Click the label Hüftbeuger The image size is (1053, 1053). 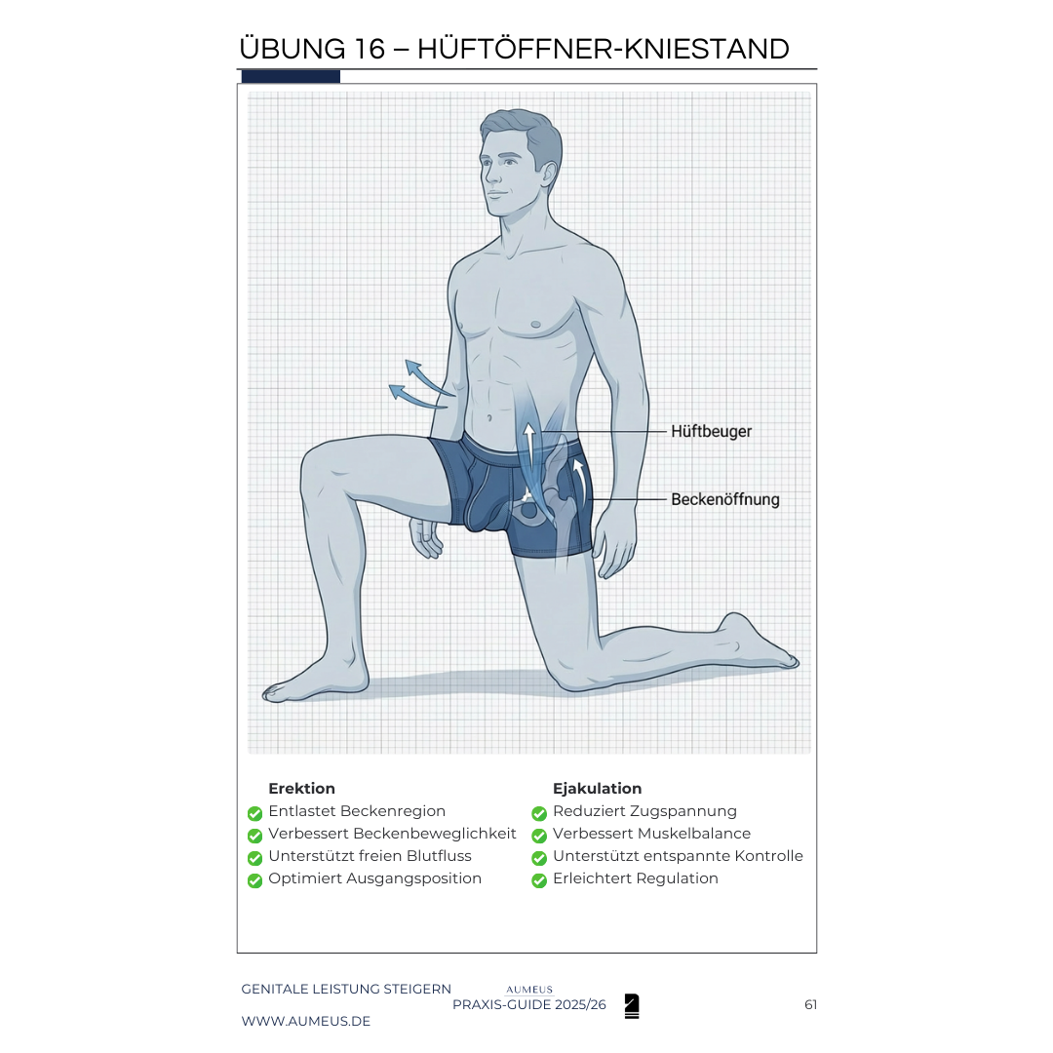coord(711,432)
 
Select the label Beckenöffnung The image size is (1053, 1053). coord(725,499)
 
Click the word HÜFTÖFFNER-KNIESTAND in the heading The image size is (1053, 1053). coord(604,49)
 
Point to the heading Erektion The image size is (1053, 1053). coord(301,789)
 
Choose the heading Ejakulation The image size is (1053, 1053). coord(597,789)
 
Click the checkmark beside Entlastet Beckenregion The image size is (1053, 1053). coord(254,814)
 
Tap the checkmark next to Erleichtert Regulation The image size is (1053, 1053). coord(539,880)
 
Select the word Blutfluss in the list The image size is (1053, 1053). coord(439,856)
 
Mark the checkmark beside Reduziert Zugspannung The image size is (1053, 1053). coord(539,814)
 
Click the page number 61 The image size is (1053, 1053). coord(810,1004)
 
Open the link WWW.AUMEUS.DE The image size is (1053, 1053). coord(305,1022)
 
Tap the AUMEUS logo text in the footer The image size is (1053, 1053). coord(529,990)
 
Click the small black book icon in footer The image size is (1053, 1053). coord(631,1006)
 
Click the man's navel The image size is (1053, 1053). coord(489,417)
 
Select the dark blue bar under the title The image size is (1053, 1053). coord(291,77)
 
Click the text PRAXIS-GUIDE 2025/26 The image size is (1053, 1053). coord(529,1004)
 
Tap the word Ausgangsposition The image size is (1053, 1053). coord(413,879)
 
